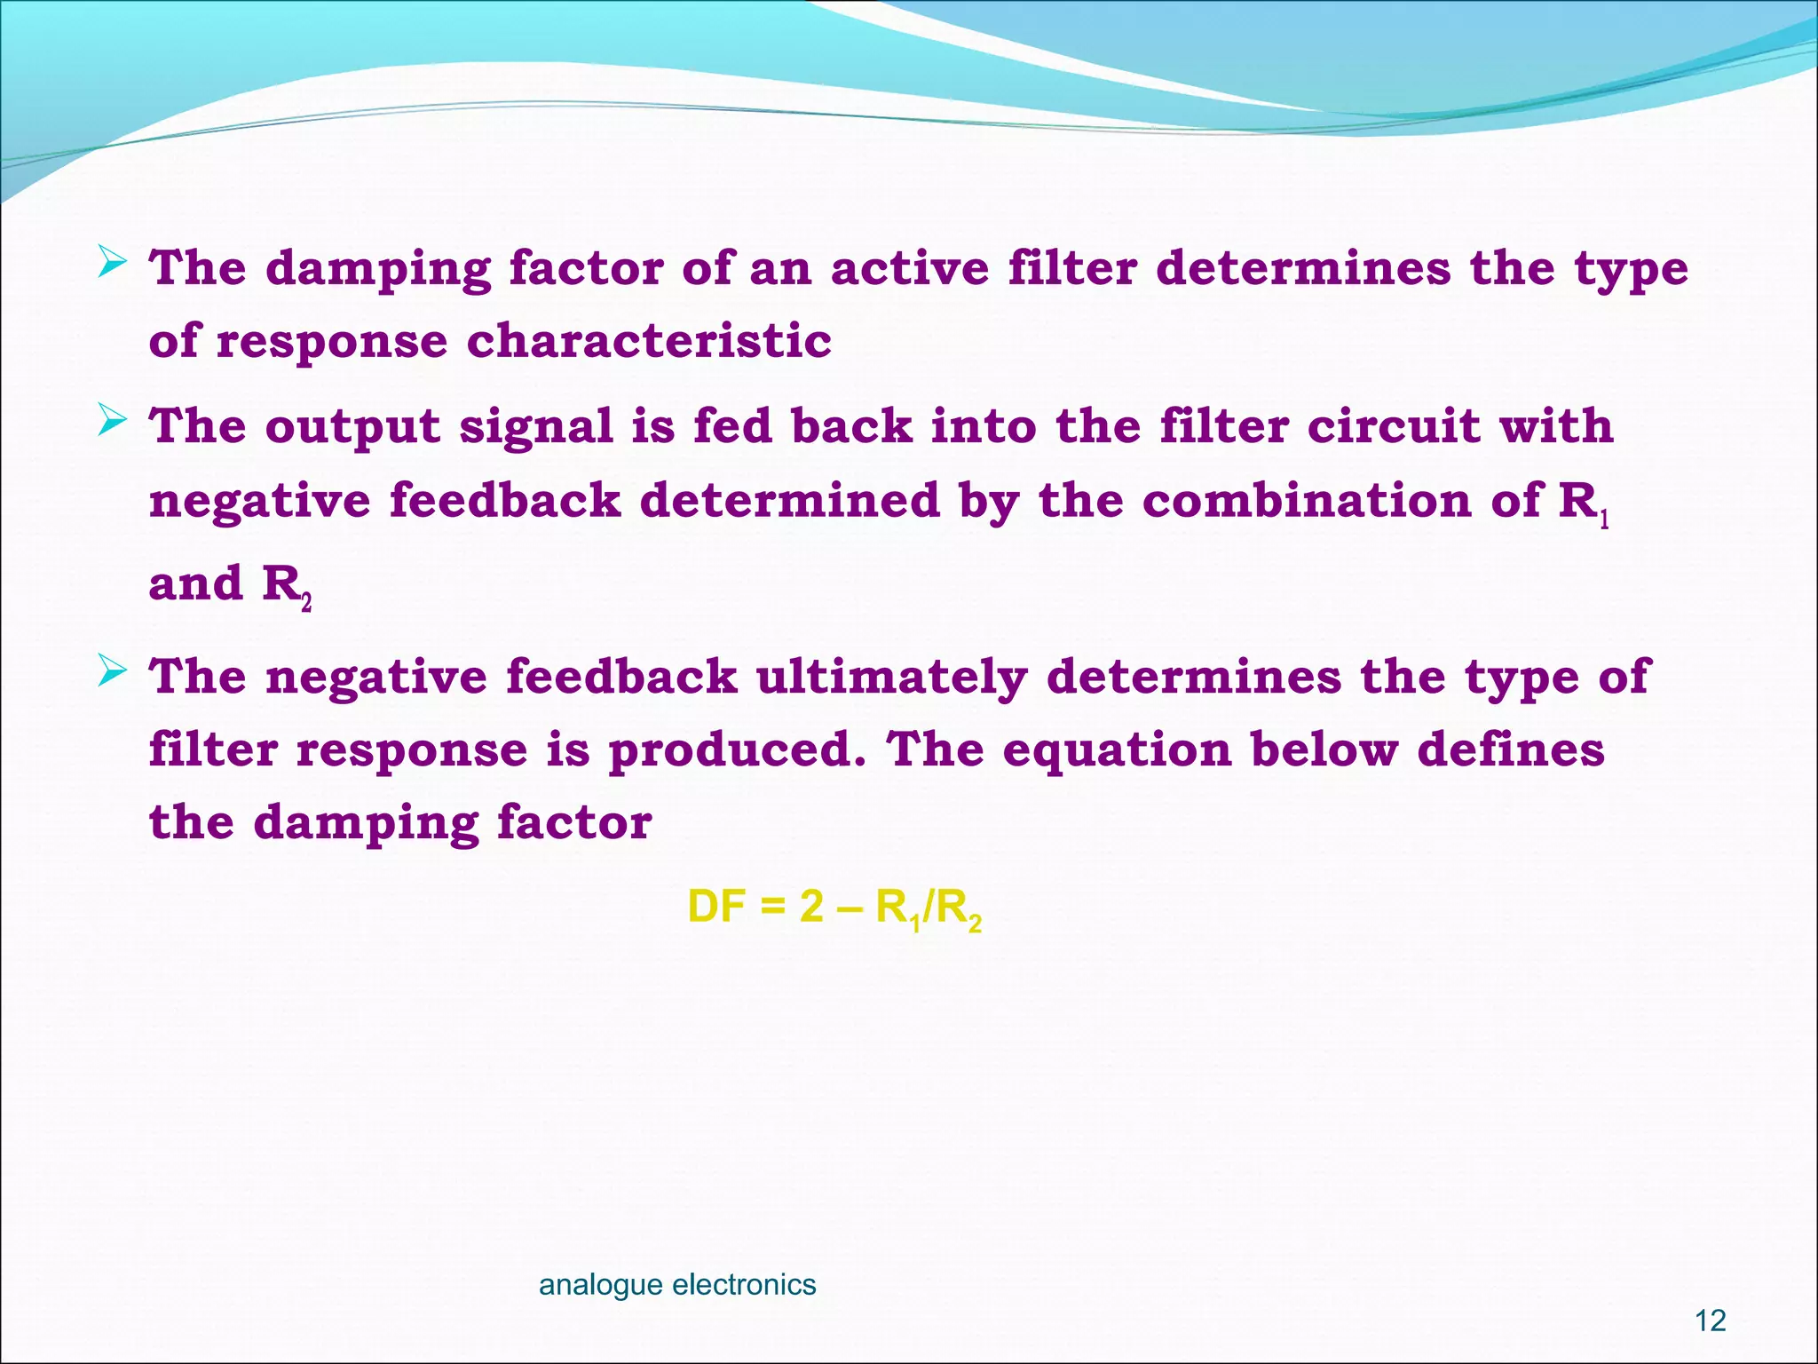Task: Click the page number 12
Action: (1710, 1320)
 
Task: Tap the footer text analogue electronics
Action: (677, 1284)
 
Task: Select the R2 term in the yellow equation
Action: (959, 910)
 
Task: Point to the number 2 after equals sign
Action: (811, 908)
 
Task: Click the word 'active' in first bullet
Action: (909, 267)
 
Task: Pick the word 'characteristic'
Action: (649, 340)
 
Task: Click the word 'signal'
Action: (536, 426)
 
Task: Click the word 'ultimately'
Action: (890, 678)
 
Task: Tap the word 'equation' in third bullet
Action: (1117, 751)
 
